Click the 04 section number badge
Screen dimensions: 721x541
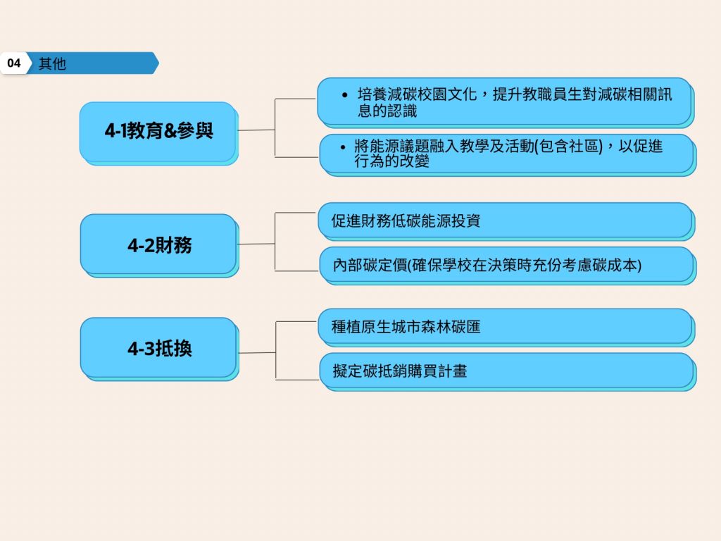pos(14,63)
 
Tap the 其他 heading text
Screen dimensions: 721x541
pos(52,63)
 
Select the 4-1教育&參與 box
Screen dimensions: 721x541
pos(159,133)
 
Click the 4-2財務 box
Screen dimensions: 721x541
pos(159,246)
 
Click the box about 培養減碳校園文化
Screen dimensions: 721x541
pos(506,103)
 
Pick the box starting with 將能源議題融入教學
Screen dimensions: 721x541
pos(508,155)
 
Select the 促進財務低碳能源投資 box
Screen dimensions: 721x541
pos(506,221)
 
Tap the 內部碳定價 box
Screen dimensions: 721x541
pos(508,266)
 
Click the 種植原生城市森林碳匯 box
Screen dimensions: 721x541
pos(506,328)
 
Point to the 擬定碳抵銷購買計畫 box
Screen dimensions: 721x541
pos(508,372)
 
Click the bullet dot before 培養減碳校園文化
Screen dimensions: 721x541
pos(345,95)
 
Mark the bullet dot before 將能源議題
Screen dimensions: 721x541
pos(343,147)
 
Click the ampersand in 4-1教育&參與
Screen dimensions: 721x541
pos(170,131)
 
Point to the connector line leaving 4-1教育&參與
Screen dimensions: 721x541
pos(256,130)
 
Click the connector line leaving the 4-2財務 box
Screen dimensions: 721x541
pos(256,244)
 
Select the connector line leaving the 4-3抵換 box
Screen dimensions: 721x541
pos(258,353)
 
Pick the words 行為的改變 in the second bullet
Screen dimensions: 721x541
pos(391,161)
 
